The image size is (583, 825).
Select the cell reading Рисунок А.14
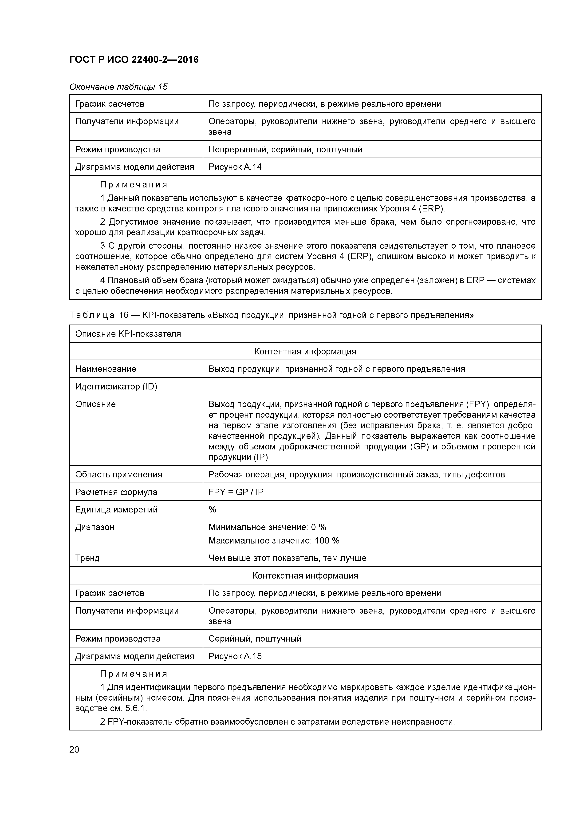point(235,167)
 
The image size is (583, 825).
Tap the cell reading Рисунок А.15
point(235,656)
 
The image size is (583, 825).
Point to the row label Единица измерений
point(116,510)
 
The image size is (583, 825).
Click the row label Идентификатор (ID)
point(116,387)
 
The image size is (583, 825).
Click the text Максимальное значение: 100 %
point(274,540)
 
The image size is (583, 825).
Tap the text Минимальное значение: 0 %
point(267,527)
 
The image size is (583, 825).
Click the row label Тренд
point(87,558)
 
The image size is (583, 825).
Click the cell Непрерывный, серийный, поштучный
point(285,150)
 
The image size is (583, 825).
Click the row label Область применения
point(118,474)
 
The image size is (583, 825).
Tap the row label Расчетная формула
point(116,492)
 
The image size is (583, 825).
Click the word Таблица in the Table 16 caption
point(92,315)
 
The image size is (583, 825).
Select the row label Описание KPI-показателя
point(128,334)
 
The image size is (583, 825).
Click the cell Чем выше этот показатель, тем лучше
point(287,558)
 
